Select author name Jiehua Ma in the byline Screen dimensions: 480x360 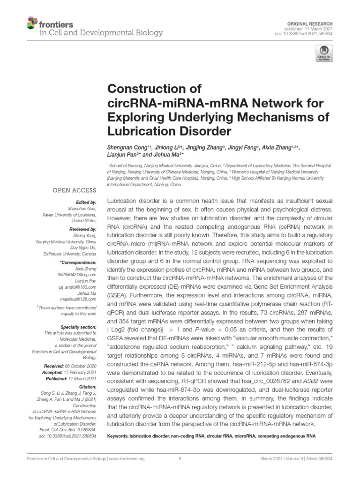(x=167, y=155)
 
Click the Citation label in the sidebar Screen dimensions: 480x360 (x=87, y=386)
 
